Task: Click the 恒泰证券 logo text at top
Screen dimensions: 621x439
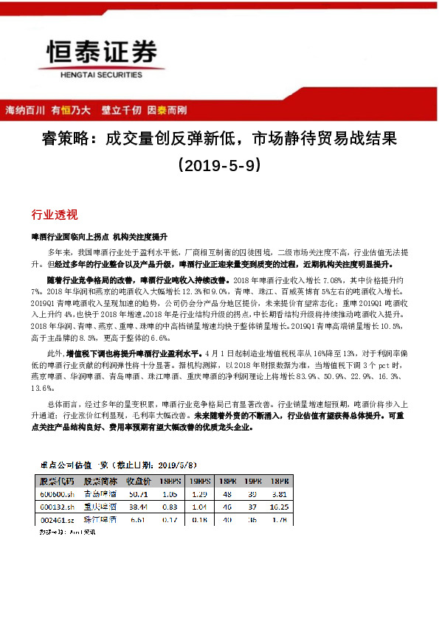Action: [x=102, y=53]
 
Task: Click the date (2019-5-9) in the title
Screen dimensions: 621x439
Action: [x=219, y=165]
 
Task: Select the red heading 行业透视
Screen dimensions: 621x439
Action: [x=54, y=215]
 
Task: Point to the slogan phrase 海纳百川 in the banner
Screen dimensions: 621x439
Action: [x=25, y=110]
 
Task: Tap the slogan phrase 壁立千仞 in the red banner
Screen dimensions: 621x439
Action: [x=121, y=110]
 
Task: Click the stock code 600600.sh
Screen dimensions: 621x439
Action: [x=58, y=494]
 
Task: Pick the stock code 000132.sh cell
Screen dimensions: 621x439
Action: [x=57, y=508]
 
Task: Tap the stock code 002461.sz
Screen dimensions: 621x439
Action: [x=58, y=521]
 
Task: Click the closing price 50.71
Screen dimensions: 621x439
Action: [x=138, y=494]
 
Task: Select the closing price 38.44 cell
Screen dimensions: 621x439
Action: [x=138, y=508]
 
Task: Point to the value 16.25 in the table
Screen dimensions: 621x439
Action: [x=278, y=508]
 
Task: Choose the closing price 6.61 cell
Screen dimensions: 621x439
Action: [x=139, y=521]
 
